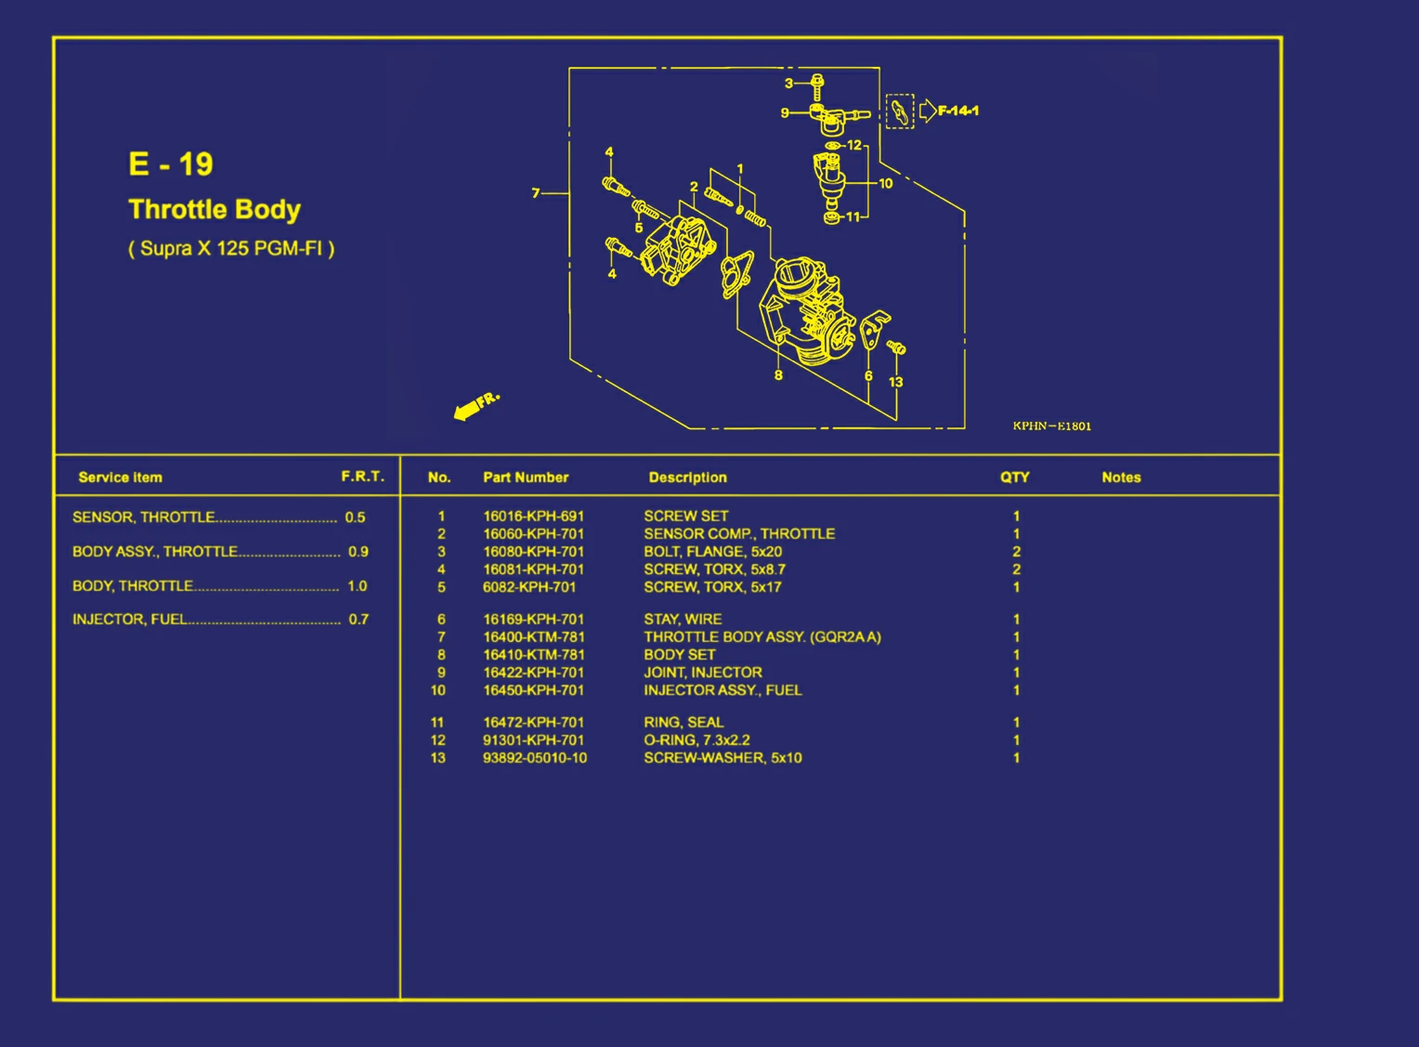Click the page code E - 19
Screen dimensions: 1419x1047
(170, 164)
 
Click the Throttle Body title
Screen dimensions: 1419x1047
(215, 210)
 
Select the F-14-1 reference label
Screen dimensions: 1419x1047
(957, 111)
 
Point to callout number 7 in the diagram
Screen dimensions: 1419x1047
(535, 192)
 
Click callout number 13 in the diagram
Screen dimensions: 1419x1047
(896, 382)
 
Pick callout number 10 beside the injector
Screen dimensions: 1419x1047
(886, 184)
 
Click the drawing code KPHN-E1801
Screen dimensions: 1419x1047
(1051, 425)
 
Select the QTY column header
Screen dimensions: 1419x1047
(1015, 478)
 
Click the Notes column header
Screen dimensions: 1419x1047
(1121, 478)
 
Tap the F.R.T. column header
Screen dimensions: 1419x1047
(363, 476)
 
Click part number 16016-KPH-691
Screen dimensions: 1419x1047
(533, 517)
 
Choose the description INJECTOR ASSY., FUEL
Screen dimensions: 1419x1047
(723, 690)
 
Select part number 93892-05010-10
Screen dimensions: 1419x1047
(535, 758)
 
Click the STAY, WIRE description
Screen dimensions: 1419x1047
(683, 620)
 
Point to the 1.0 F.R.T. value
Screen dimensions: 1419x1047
(358, 586)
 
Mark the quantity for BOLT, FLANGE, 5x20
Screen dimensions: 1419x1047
(1017, 552)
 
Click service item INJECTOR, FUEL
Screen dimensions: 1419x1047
(130, 620)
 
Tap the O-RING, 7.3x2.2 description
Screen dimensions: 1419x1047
(696, 740)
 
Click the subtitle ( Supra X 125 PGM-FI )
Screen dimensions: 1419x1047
(231, 248)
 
